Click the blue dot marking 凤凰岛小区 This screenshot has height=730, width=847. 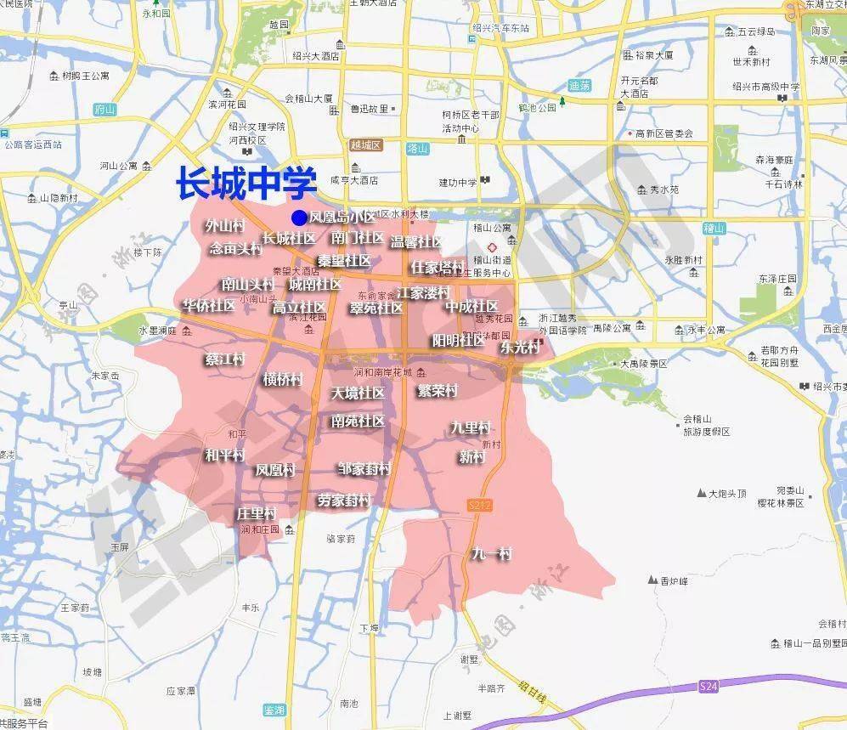click(x=299, y=218)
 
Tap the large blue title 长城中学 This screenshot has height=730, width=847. click(x=246, y=183)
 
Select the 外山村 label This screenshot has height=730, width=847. click(x=225, y=226)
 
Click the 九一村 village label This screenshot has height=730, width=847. click(x=492, y=554)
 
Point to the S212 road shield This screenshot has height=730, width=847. click(x=480, y=506)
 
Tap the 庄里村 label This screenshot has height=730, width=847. click(x=257, y=513)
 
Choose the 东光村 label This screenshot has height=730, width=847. click(x=520, y=347)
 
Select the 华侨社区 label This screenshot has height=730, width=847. click(x=209, y=305)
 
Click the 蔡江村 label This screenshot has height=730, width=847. click(x=224, y=359)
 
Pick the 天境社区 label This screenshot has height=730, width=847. click(x=358, y=393)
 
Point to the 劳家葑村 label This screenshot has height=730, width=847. click(x=344, y=501)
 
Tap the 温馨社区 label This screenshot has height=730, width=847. click(x=416, y=242)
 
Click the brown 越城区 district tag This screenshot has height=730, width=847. click(x=366, y=145)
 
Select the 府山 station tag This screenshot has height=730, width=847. click(x=105, y=109)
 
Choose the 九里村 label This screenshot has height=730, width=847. click(x=471, y=428)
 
